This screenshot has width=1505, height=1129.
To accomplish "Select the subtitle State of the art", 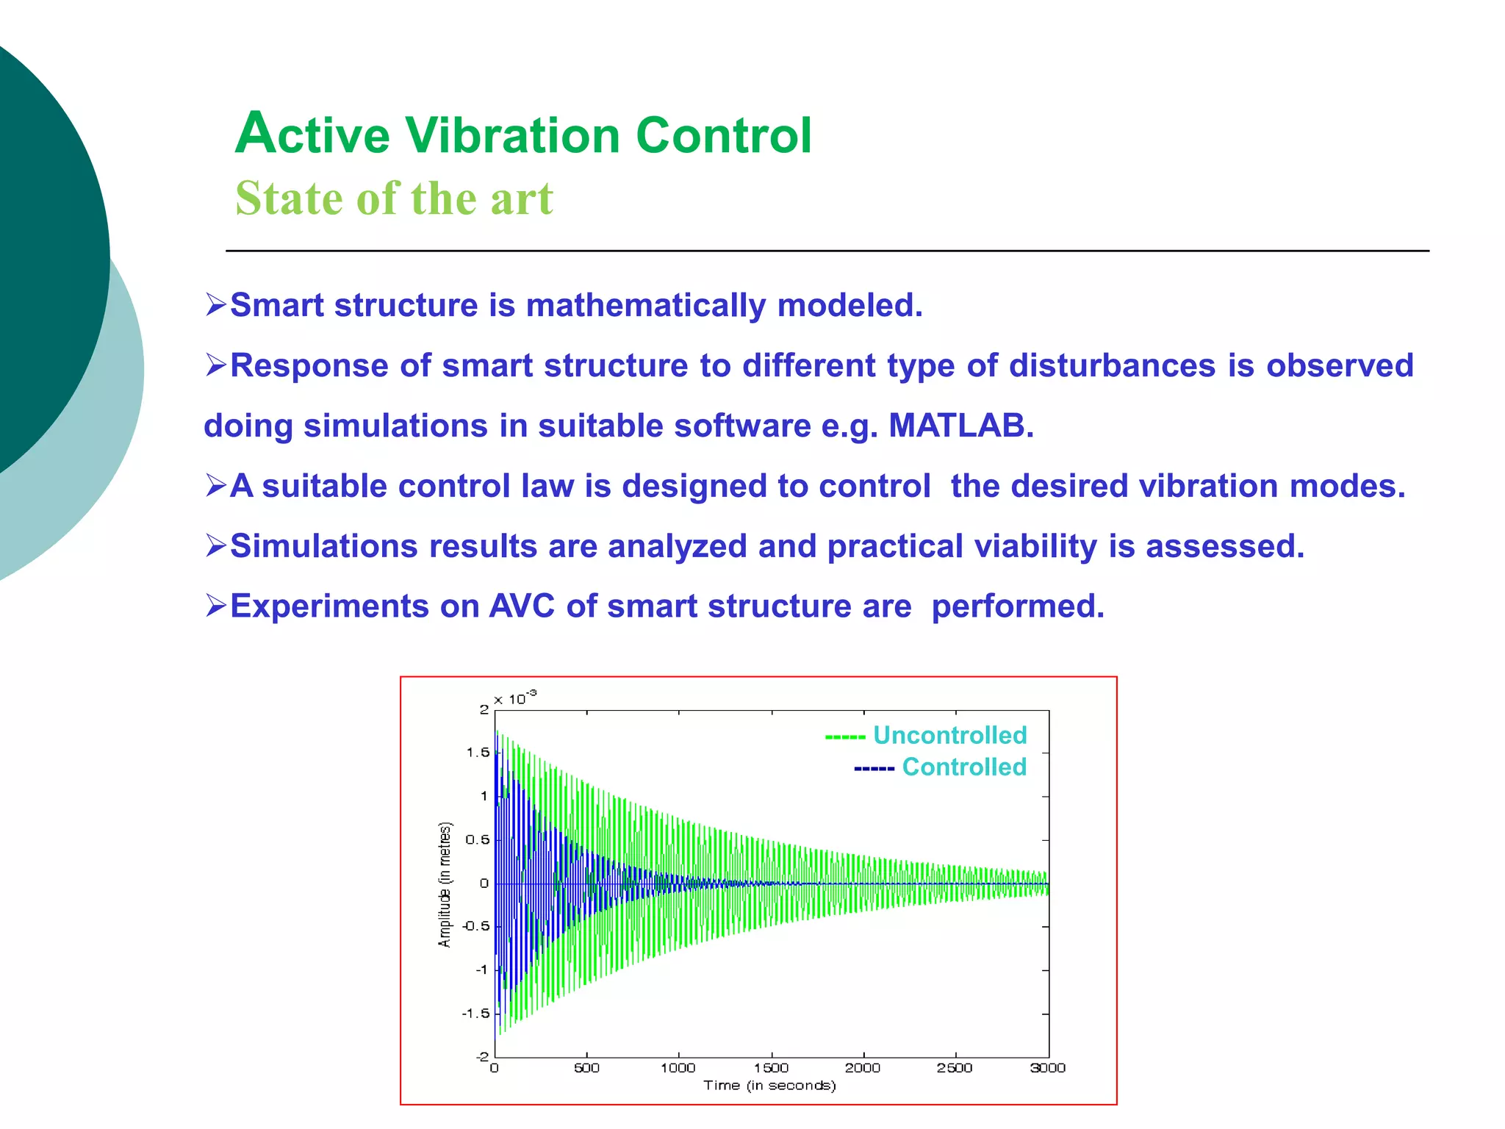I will coord(394,198).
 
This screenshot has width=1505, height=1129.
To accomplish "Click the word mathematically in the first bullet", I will coord(646,305).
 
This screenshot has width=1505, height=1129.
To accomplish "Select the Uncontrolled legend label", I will coord(949,735).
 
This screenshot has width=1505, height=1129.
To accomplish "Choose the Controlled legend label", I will coord(963,767).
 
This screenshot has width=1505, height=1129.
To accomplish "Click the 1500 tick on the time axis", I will coord(771,1068).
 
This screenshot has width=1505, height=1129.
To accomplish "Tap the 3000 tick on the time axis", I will coord(1047,1068).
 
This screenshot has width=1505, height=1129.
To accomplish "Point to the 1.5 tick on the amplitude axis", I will coord(478,753).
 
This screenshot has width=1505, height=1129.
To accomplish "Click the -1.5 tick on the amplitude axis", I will coord(475,1014).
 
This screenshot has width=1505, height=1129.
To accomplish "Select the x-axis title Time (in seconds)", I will coord(769,1086).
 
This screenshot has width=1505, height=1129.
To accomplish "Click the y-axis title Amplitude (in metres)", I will coord(445,884).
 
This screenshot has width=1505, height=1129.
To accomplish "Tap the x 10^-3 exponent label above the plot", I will coord(515,698).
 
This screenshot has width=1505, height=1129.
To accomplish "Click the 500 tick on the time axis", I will coord(586,1068).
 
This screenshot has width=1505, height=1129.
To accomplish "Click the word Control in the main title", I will coord(723,136).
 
